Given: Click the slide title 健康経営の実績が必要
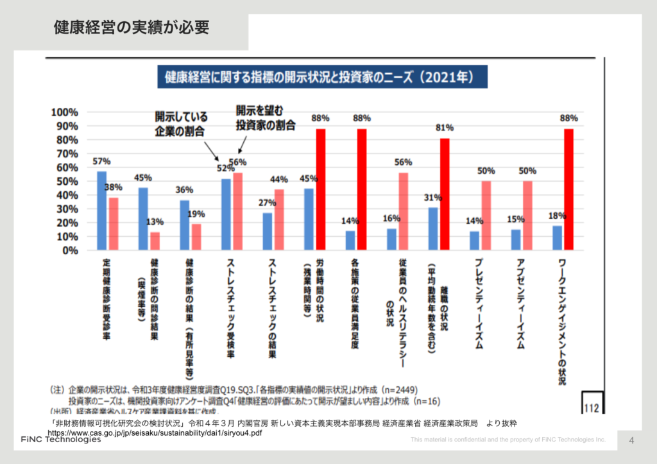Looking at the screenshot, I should click(131, 28).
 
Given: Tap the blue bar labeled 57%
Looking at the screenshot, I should click(101, 211).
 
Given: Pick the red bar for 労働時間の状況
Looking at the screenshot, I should click(321, 189).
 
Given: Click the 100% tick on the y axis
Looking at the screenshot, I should click(64, 112).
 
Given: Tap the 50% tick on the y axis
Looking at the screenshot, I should click(66, 182).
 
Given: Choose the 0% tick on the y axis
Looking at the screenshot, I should click(69, 250).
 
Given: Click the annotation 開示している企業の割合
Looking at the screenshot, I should click(180, 125).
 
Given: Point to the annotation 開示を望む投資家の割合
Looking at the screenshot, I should click(264, 118).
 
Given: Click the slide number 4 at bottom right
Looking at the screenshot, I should click(631, 441).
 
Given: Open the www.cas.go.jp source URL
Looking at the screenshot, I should click(155, 433).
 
